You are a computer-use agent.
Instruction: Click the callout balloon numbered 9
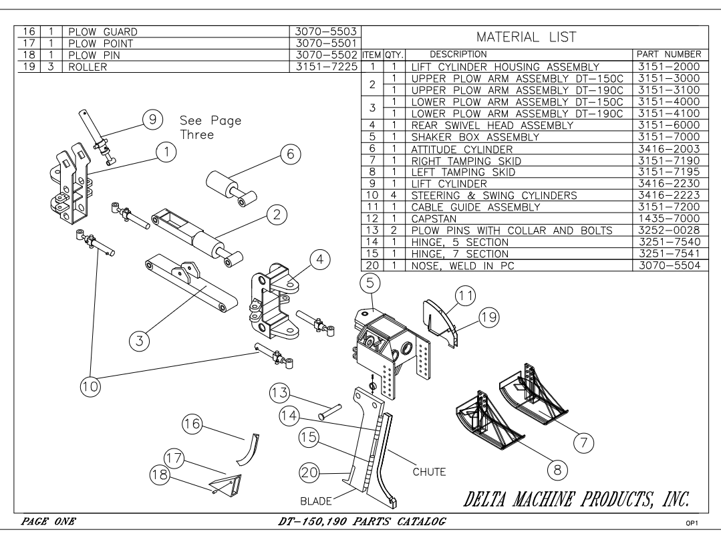tap(152, 120)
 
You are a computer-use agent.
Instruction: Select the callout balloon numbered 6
tap(290, 154)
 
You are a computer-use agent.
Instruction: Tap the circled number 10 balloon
tap(90, 386)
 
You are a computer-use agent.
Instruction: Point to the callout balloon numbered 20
tap(309, 472)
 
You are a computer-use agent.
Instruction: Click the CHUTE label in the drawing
tap(429, 472)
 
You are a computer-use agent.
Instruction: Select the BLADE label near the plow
tap(316, 501)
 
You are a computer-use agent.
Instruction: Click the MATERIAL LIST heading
tap(526, 37)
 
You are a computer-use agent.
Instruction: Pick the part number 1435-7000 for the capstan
tap(669, 219)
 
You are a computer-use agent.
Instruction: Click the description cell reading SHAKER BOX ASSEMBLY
tap(475, 137)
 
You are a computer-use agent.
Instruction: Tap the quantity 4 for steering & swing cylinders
tap(394, 195)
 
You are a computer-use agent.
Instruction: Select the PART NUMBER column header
tap(669, 54)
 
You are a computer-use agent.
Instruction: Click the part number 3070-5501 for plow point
tap(326, 43)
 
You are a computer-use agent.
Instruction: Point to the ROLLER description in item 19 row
tap(88, 67)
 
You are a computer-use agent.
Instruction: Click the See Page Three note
tap(210, 128)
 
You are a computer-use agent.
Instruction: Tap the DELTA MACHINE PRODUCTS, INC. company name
tap(577, 499)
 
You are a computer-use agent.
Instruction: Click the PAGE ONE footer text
tap(48, 521)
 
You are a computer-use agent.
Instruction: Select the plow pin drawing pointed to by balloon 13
tap(329, 412)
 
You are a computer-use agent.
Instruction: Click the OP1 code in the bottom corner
tap(692, 523)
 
